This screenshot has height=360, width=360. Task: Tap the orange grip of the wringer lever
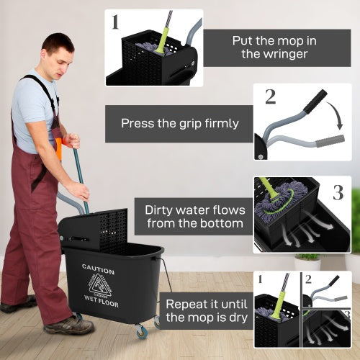coord(58,148)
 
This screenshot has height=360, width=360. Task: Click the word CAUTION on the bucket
coord(98,268)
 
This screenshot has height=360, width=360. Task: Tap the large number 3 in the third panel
coord(338,192)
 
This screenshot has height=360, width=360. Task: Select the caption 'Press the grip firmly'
coord(180,123)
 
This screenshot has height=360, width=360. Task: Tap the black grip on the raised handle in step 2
coord(315,102)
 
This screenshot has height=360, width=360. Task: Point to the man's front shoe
coord(68,326)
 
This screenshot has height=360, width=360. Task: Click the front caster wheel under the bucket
coord(140,332)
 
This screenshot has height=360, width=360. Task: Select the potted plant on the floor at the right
coord(307,264)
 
